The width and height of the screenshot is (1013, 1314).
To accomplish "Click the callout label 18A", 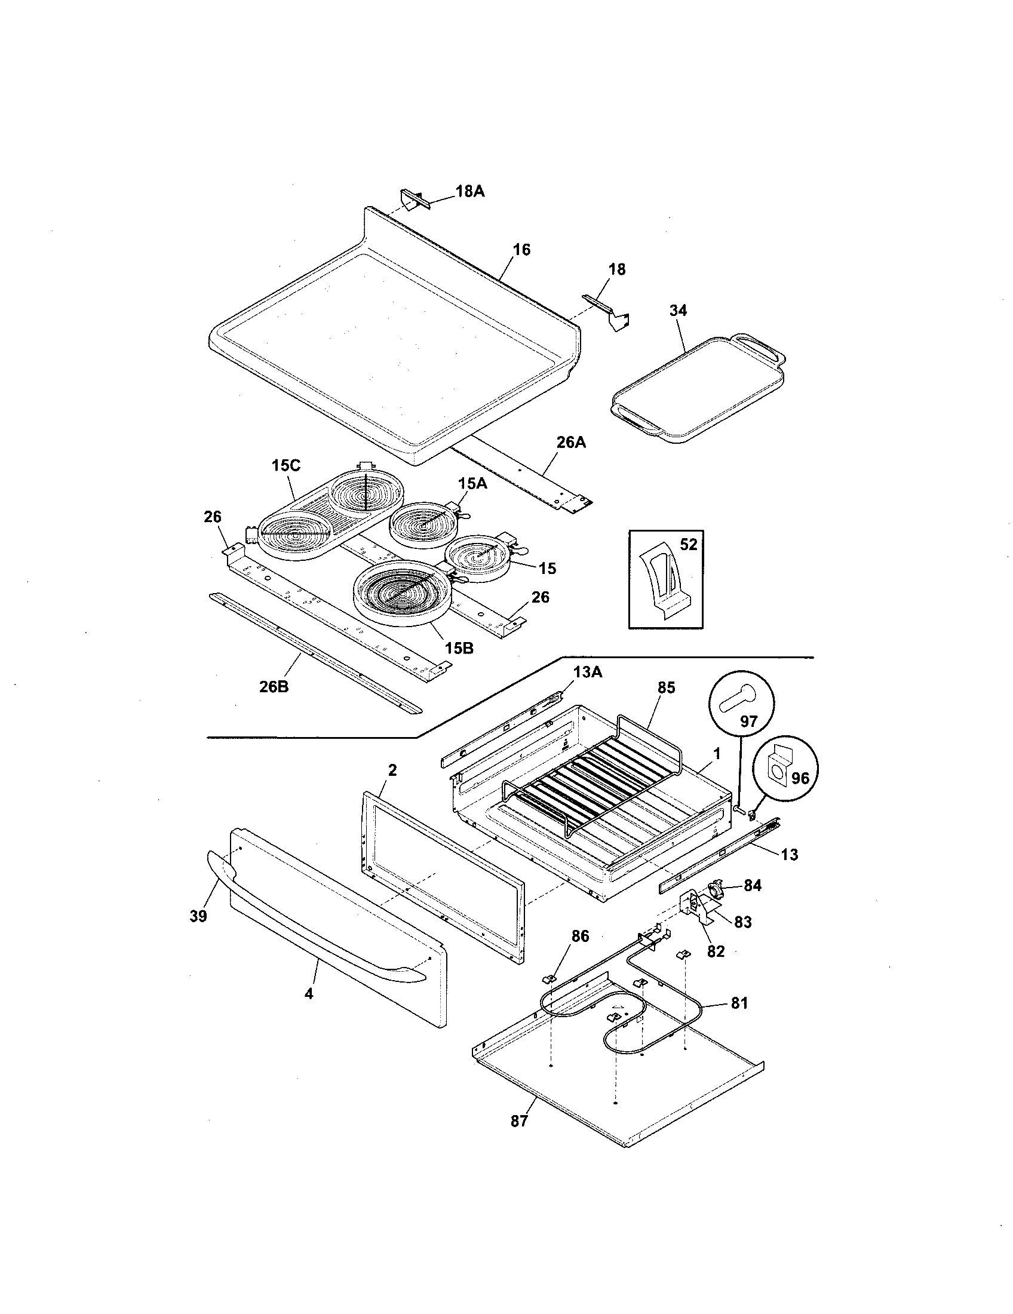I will click(470, 191).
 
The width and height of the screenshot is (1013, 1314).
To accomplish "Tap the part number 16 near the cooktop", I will click(521, 249).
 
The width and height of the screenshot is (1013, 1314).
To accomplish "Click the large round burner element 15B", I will click(397, 590).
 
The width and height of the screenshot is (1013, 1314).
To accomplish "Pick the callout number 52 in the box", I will click(688, 544).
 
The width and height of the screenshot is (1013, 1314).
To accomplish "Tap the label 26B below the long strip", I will click(274, 686).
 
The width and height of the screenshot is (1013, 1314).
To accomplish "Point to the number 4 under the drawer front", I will click(309, 994).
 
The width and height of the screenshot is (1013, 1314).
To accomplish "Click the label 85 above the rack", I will click(667, 687).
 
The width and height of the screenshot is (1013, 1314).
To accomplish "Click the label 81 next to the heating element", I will click(739, 1003).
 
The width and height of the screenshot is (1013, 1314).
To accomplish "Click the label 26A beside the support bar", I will click(571, 442).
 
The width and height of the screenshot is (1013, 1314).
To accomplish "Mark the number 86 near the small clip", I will click(581, 935).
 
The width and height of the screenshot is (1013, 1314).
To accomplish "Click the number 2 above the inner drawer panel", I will click(392, 770).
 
